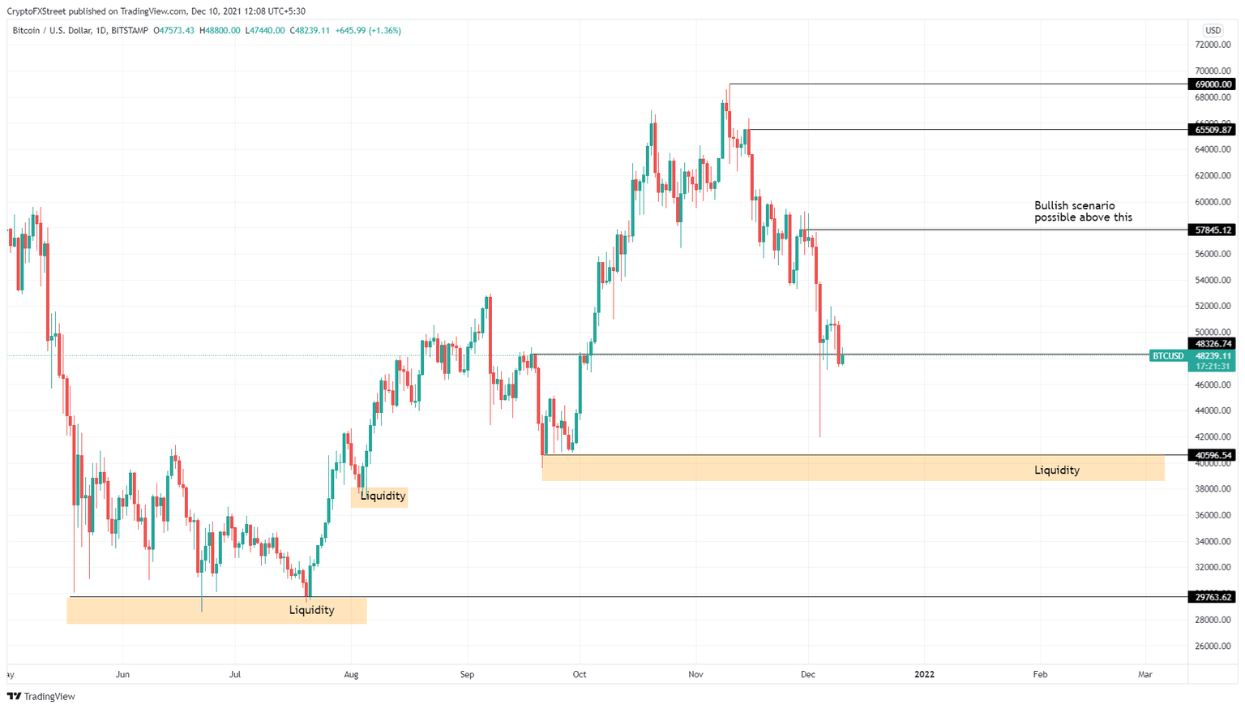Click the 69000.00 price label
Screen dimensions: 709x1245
tap(1213, 84)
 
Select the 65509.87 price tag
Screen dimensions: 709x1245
tap(1213, 130)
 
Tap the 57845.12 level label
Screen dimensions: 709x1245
tap(1213, 230)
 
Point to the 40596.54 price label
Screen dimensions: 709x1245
tap(1213, 456)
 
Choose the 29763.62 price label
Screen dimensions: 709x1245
tap(1213, 597)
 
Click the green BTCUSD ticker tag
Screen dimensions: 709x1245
tap(1168, 356)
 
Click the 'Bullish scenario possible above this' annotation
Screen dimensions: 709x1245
tap(1083, 212)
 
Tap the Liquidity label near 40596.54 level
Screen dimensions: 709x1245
tap(1056, 471)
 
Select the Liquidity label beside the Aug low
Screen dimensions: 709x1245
tap(383, 496)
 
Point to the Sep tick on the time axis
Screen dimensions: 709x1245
tap(466, 674)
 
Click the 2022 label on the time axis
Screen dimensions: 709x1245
tap(924, 674)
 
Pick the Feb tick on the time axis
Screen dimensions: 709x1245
tap(1040, 674)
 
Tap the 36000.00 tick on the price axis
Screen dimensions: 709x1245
tap(1213, 515)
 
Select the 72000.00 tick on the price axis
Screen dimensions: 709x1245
tap(1213, 45)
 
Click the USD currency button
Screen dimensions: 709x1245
tap(1213, 31)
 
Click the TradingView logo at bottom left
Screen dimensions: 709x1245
tap(41, 696)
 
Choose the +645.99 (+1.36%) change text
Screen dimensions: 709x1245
tap(369, 31)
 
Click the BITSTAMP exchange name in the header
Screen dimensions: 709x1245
tap(130, 31)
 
